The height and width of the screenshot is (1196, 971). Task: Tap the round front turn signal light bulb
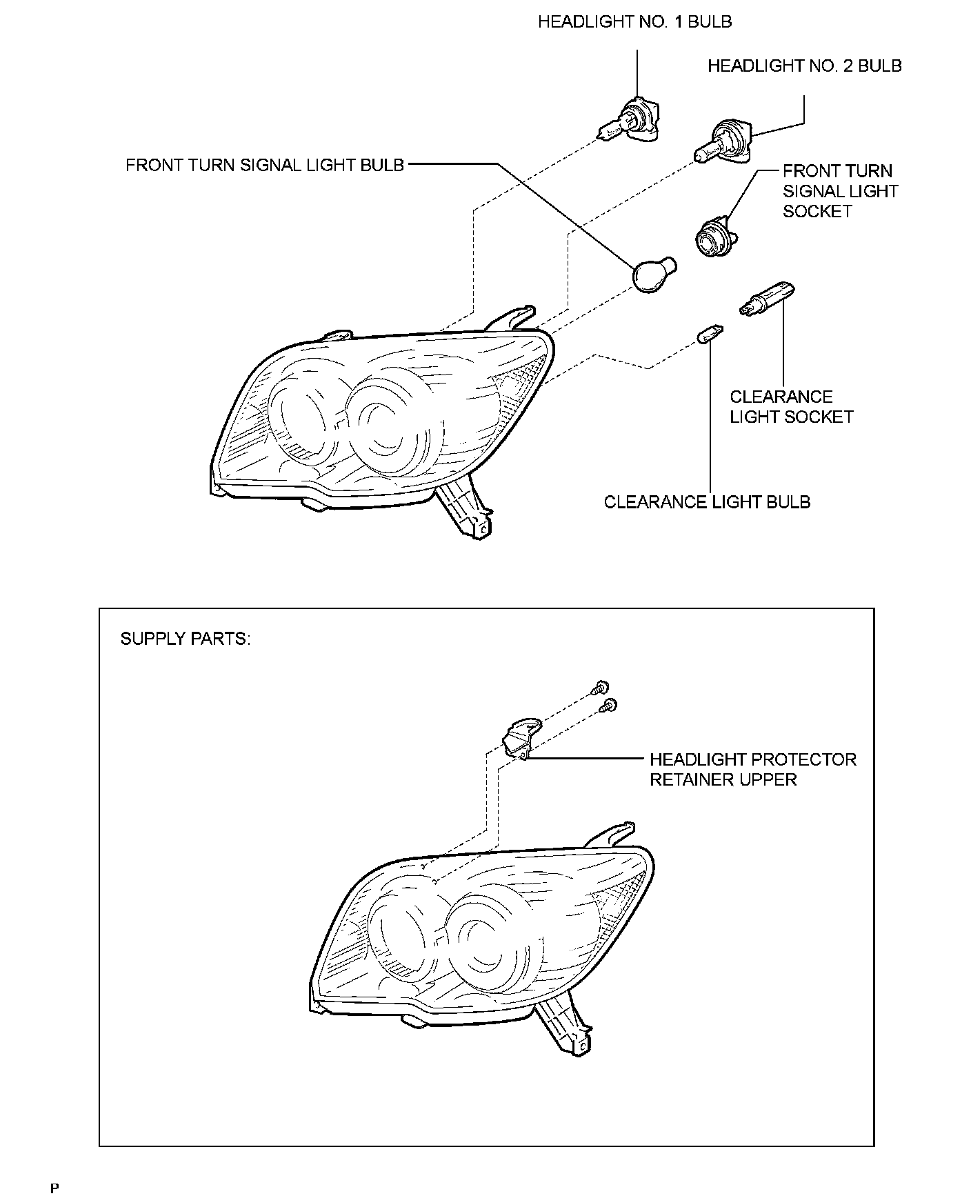tap(652, 275)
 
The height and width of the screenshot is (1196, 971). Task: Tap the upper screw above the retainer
tap(601, 688)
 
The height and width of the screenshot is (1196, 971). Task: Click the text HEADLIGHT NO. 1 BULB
tap(634, 22)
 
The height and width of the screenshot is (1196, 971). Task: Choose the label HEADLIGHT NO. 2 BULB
tap(804, 66)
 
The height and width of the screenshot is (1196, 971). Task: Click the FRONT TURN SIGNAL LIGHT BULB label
tap(265, 166)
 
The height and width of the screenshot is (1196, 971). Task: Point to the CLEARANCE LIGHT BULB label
tap(707, 502)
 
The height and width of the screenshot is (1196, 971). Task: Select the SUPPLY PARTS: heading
tap(186, 639)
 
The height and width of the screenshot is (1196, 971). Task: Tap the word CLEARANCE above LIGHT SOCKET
tap(781, 397)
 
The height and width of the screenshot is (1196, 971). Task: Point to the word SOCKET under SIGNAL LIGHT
tap(817, 211)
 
